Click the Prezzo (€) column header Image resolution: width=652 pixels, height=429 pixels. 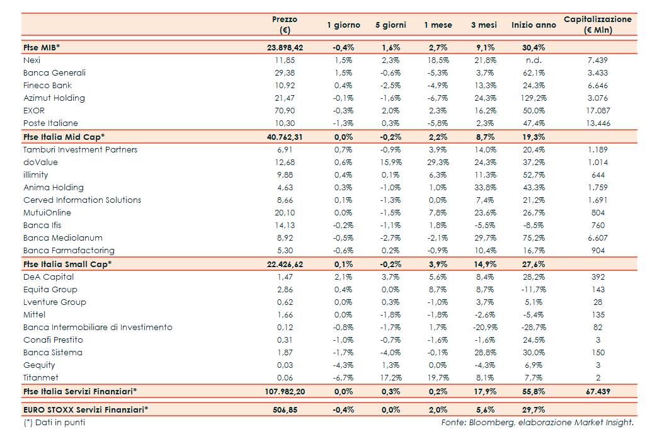284,25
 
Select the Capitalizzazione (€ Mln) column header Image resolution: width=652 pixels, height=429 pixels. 597,25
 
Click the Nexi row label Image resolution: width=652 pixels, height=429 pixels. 32,60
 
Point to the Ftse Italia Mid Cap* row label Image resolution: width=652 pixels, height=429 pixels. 64,137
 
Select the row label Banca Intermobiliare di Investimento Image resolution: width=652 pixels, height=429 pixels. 98,328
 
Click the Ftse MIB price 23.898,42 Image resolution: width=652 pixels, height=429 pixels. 285,48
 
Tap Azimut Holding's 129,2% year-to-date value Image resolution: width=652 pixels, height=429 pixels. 534,98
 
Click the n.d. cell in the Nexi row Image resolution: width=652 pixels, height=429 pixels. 534,60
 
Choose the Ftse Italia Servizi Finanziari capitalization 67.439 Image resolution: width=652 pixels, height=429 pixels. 597,392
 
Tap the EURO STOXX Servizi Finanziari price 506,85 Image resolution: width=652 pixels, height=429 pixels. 285,409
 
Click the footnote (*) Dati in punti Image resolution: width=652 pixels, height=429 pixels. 54,423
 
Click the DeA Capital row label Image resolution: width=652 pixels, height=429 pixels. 49,277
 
